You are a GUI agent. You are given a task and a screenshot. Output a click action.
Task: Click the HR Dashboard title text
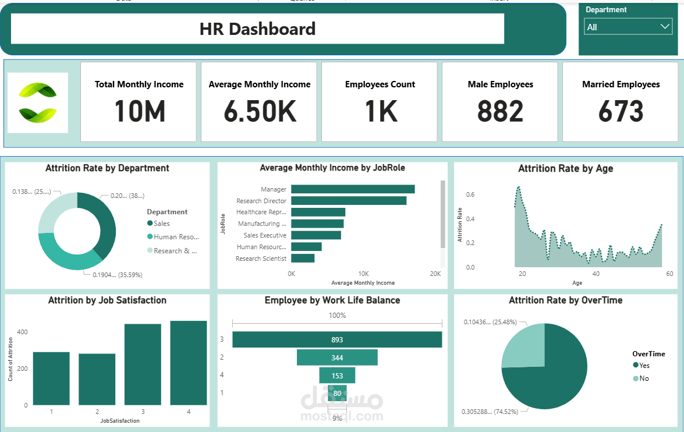(x=257, y=29)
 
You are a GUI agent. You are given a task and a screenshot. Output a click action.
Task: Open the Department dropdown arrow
(x=665, y=27)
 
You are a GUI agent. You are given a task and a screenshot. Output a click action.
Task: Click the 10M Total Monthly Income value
(x=140, y=112)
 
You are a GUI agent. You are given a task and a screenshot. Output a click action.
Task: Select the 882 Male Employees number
(x=500, y=112)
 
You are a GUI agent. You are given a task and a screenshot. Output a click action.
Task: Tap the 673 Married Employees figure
(x=621, y=112)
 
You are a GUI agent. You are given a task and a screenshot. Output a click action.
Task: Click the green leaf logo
(x=38, y=102)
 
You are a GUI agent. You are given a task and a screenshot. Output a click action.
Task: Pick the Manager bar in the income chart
(x=353, y=189)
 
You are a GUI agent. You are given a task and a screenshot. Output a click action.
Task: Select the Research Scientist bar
(x=303, y=259)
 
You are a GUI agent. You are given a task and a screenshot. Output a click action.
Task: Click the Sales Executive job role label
(x=265, y=235)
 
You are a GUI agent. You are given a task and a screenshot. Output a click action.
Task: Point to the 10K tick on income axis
(x=363, y=274)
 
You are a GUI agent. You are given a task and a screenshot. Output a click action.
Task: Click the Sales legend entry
(x=161, y=224)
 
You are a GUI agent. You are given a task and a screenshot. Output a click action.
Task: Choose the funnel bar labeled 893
(x=337, y=339)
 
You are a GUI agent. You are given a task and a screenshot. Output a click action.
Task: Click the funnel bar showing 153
(x=337, y=376)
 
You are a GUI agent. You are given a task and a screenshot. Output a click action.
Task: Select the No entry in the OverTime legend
(x=643, y=378)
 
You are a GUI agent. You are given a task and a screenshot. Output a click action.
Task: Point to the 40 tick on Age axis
(x=596, y=274)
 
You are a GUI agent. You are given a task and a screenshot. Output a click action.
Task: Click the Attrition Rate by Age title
(x=565, y=168)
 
